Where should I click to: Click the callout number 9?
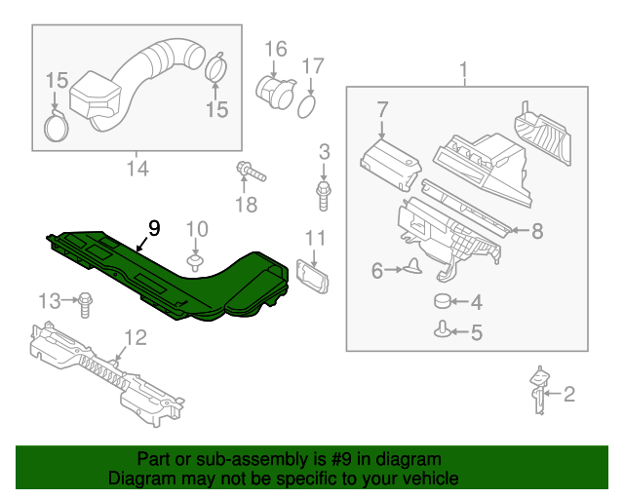pos(153,228)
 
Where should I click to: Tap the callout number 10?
pos(197,229)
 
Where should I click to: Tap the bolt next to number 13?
pos(86,302)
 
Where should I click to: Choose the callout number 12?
pos(135,338)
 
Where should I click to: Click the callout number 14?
pos(136,169)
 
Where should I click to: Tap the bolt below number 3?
pos(323,194)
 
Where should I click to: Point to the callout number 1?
pos(464,71)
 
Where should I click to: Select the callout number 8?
pos(535,231)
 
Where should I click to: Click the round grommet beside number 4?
pos(443,302)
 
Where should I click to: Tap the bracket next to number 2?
pos(535,390)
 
